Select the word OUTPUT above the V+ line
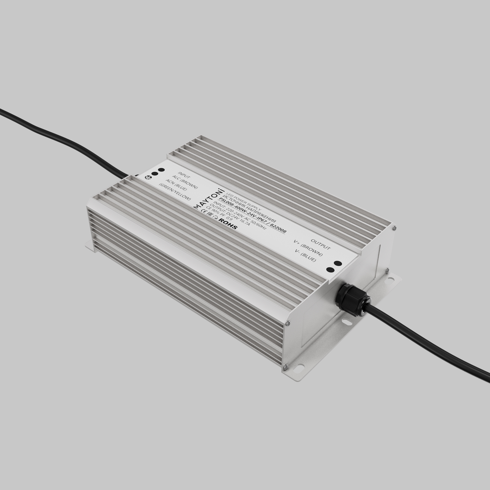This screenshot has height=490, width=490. click(x=320, y=244)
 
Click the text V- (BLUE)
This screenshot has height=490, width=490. click(x=305, y=255)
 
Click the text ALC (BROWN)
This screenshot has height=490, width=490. click(x=185, y=182)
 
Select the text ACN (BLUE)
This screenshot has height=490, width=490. click(x=176, y=185)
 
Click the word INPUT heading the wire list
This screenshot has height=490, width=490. click(x=184, y=175)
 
